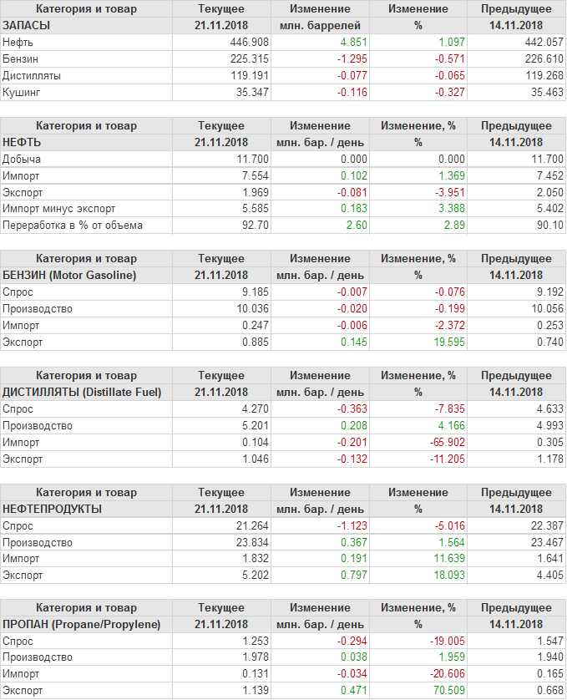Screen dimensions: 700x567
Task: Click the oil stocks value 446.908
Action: (x=250, y=42)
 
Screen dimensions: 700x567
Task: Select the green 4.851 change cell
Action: (x=351, y=42)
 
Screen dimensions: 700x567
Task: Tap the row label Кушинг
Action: (x=22, y=92)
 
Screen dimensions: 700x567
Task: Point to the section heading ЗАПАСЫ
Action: (x=27, y=25)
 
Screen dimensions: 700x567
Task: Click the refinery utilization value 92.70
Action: (x=254, y=225)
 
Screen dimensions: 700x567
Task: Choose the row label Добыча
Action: (x=22, y=159)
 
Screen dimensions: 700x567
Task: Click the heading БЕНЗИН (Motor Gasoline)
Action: (x=69, y=275)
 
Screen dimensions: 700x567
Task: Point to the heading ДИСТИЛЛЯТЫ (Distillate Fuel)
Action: (x=83, y=392)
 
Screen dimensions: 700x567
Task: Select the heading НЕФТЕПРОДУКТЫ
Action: (x=53, y=509)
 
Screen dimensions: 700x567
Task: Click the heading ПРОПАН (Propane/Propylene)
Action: (x=82, y=624)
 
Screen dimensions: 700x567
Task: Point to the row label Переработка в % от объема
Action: (x=73, y=225)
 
